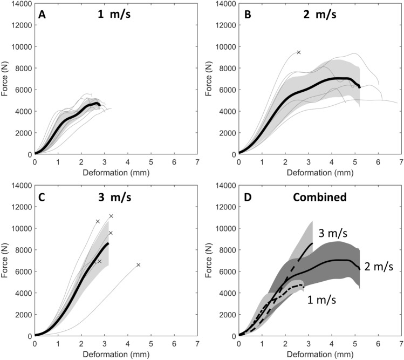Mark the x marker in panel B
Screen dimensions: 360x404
pyautogui.click(x=298, y=52)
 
